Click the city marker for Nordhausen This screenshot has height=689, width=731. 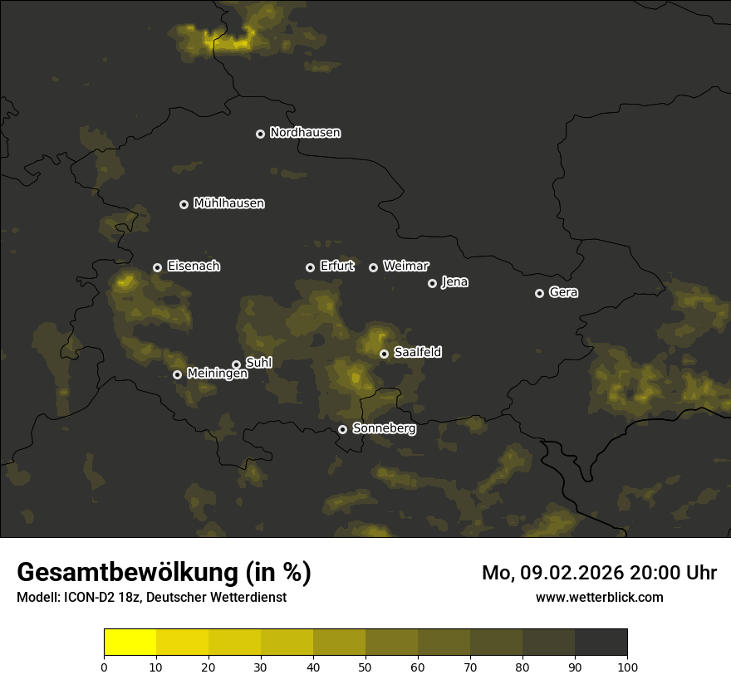pyautogui.click(x=260, y=134)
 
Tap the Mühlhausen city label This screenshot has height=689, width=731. pyautogui.click(x=228, y=203)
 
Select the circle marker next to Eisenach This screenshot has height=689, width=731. pyautogui.click(x=157, y=267)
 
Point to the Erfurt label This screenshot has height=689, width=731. pyautogui.click(x=336, y=266)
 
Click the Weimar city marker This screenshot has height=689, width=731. pyautogui.click(x=373, y=267)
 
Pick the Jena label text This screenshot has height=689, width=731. pyautogui.click(x=454, y=282)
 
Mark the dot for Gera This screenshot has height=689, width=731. pyautogui.click(x=539, y=293)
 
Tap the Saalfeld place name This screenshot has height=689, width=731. pyautogui.click(x=417, y=353)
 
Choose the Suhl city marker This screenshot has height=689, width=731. pyautogui.click(x=236, y=364)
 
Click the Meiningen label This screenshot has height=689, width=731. pyautogui.click(x=217, y=374)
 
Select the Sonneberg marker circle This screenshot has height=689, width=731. pyautogui.click(x=342, y=429)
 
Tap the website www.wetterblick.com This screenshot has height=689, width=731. pyautogui.click(x=599, y=597)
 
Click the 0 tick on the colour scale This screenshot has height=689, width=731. pyautogui.click(x=104, y=667)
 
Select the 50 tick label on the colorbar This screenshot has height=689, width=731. pyautogui.click(x=365, y=667)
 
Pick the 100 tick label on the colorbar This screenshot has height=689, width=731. pyautogui.click(x=627, y=667)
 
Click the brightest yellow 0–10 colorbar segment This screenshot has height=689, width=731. pyautogui.click(x=130, y=643)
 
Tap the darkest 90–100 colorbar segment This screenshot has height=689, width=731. pyautogui.click(x=601, y=643)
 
